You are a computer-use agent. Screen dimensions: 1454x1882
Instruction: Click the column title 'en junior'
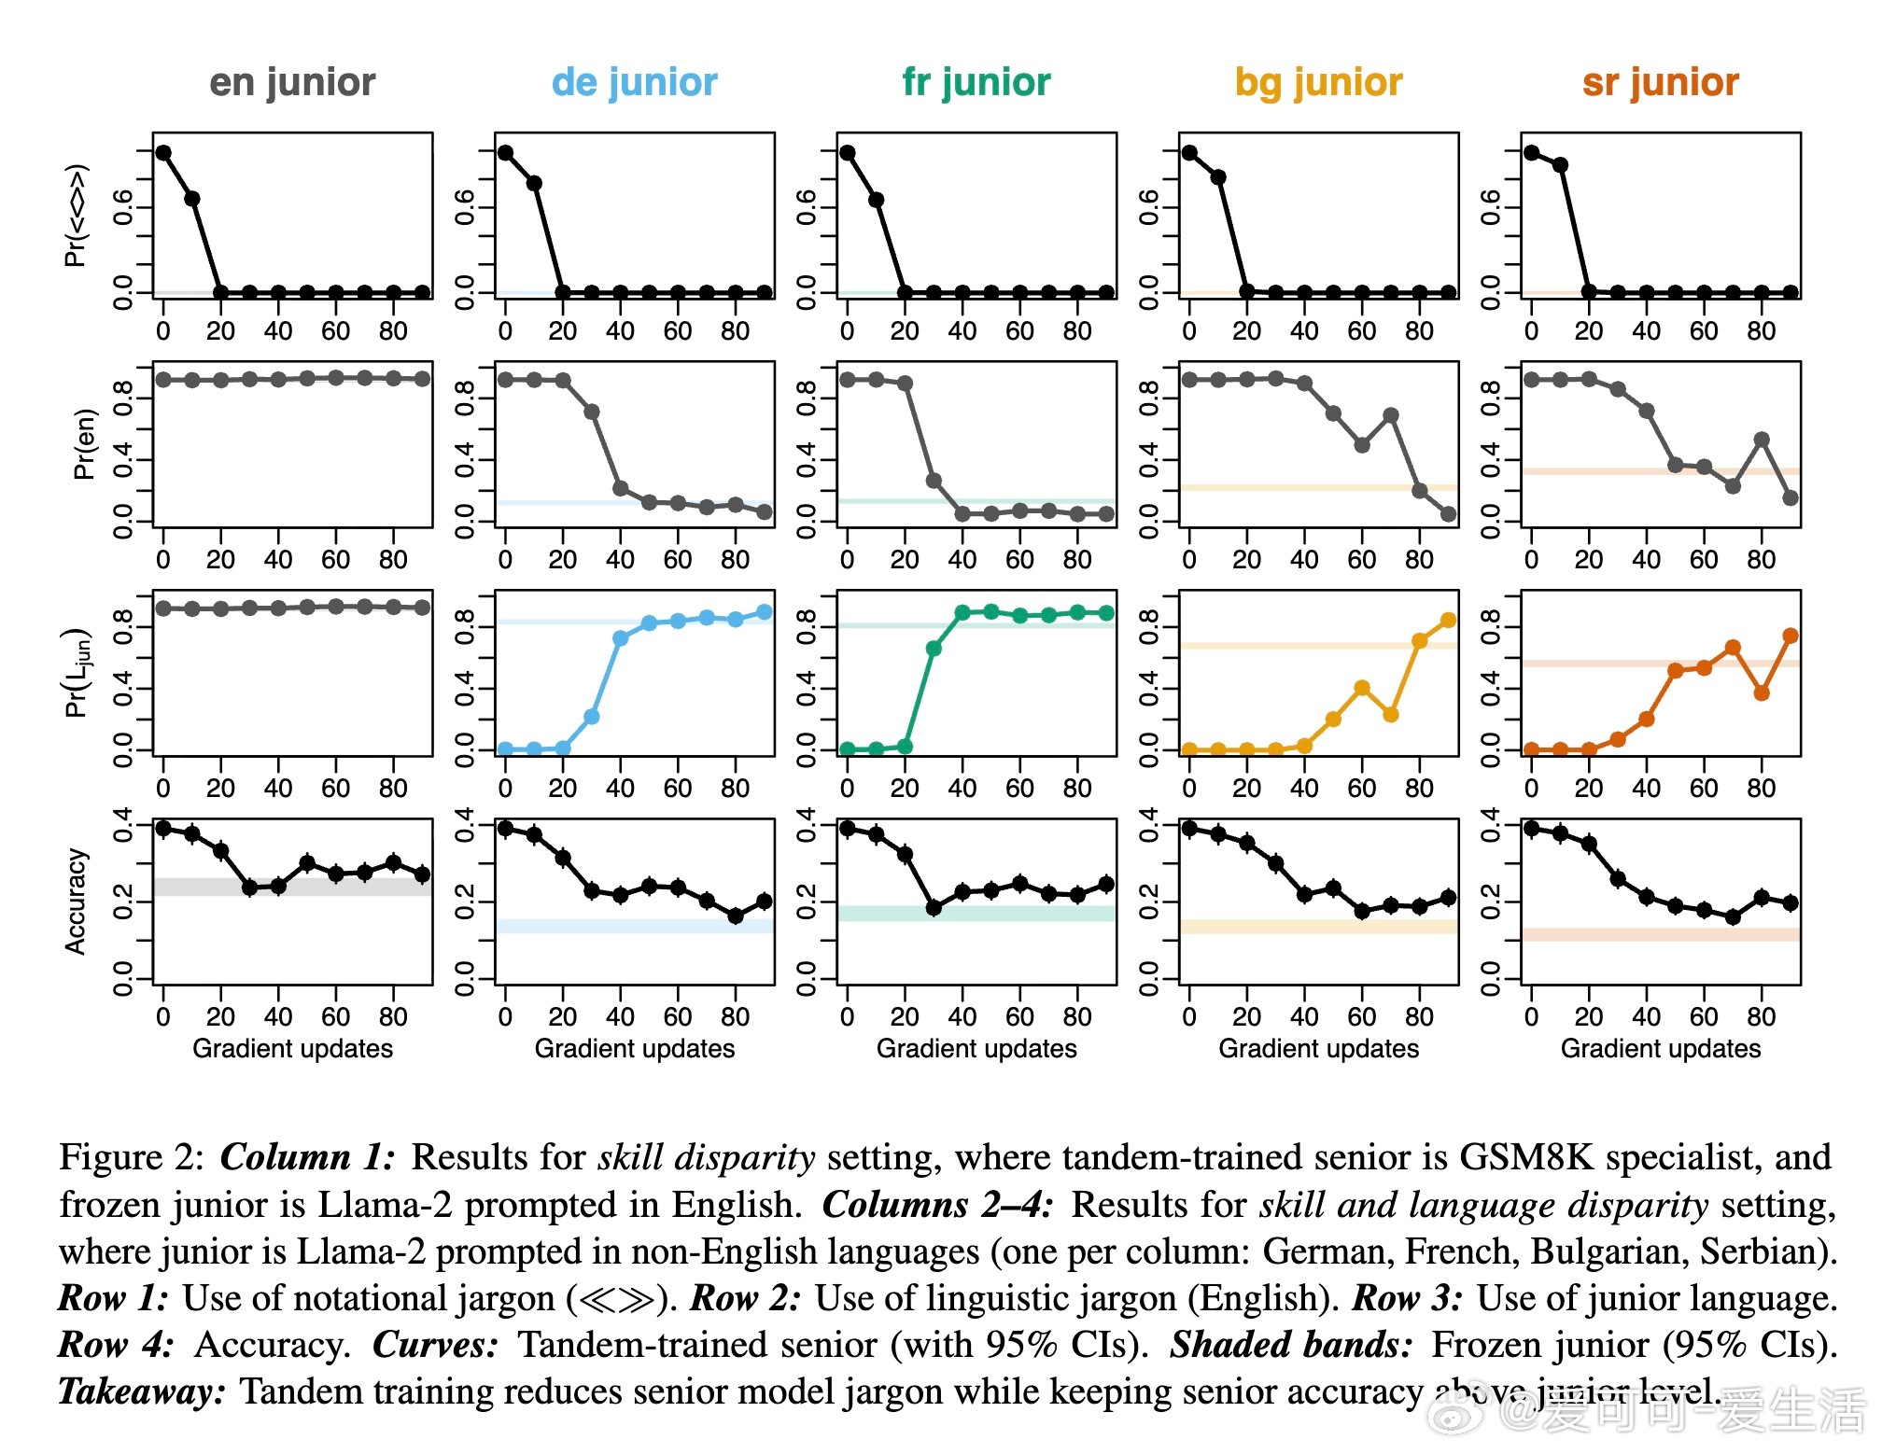292,82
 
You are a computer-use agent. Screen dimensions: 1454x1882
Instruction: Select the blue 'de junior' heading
634,82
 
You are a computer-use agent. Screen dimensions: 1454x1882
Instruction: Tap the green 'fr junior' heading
976,82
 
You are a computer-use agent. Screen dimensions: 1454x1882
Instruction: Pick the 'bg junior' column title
1318,82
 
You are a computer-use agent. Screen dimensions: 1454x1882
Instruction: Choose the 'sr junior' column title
1661,82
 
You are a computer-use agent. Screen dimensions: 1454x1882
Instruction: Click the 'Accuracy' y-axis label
76,902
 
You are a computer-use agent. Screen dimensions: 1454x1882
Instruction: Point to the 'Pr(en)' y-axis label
84,444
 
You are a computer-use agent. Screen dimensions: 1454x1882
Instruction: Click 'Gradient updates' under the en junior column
292,1048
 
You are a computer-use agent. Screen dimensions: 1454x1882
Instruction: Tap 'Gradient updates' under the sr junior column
1661,1048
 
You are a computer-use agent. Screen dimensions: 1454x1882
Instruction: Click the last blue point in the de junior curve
764,612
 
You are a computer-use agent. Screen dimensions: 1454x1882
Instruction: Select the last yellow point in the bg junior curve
1448,621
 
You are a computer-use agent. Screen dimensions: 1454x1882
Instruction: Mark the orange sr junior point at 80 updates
1762,693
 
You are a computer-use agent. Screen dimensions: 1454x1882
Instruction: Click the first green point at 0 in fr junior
848,749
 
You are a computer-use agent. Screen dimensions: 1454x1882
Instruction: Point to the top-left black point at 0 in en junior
163,153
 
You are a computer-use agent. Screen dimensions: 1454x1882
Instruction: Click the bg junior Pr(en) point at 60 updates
1362,445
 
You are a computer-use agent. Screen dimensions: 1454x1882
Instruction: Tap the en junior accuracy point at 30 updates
249,888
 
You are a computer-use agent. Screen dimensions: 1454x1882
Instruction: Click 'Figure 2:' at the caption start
132,1157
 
